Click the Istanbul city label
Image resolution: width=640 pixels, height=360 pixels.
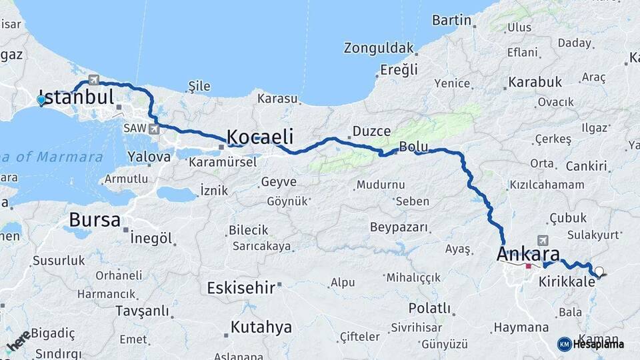[77, 97]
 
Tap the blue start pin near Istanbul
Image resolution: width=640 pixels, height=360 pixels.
[41, 101]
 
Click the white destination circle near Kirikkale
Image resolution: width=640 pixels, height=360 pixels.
[599, 271]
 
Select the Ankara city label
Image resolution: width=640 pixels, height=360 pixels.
[528, 254]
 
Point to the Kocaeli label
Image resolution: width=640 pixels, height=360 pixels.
[260, 137]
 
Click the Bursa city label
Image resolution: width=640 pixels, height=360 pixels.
[95, 219]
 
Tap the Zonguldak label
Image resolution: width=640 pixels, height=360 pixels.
[379, 48]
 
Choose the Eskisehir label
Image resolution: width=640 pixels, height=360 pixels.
[241, 288]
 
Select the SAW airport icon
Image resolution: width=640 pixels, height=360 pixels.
[155, 128]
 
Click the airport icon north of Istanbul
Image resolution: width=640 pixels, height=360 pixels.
[93, 81]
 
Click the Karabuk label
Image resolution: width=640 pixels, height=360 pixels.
[535, 82]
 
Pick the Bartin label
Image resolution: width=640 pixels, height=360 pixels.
[451, 20]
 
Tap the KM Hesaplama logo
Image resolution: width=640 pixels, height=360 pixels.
[591, 344]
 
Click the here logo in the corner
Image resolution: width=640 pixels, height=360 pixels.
[18, 341]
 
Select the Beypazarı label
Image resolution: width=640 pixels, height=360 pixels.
[399, 227]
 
